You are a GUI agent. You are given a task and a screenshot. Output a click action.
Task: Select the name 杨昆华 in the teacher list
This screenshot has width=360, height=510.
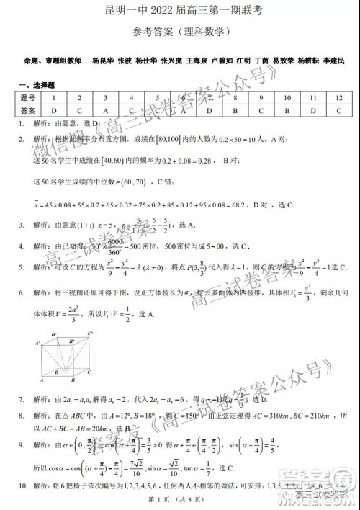(104, 61)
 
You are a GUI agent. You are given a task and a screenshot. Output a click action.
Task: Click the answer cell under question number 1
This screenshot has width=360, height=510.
(53, 110)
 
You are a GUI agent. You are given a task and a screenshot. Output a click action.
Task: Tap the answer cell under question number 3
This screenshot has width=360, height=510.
(105, 110)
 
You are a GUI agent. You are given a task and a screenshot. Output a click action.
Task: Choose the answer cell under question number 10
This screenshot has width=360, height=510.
(287, 110)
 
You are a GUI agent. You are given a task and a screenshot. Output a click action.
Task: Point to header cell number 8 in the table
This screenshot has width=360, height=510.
(235, 97)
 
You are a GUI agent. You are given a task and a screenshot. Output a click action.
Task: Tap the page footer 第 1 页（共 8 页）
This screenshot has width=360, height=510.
(179, 501)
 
